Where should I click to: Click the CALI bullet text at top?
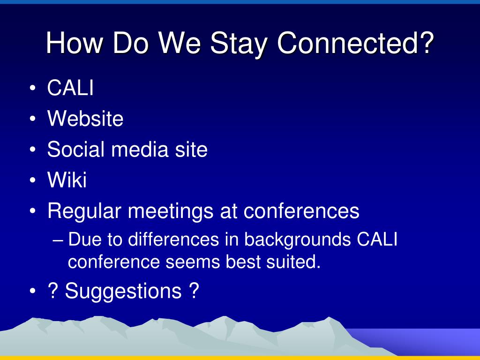70,88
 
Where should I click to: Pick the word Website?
85,118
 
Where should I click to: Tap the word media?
140,149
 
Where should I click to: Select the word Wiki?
67,180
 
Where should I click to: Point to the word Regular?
84,211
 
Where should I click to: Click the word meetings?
171,211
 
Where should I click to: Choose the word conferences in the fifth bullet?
301,211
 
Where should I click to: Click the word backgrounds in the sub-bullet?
297,240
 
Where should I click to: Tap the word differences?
173,239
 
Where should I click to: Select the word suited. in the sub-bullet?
293,262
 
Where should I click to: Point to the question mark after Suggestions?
194,290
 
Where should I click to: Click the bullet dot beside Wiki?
33,180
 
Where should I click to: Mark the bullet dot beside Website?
33,119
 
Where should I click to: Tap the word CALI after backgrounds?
377,239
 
